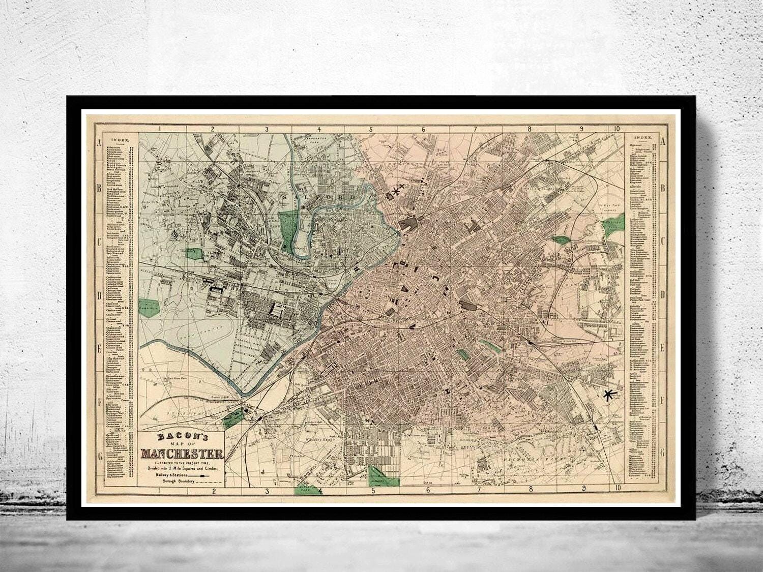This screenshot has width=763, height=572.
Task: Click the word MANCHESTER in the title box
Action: point(182,454)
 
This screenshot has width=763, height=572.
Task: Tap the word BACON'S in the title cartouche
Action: point(182,437)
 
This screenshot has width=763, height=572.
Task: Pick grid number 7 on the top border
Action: point(475,129)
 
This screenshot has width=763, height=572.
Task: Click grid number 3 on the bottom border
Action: point(267,491)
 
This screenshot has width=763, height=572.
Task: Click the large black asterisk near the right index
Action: point(607,395)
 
